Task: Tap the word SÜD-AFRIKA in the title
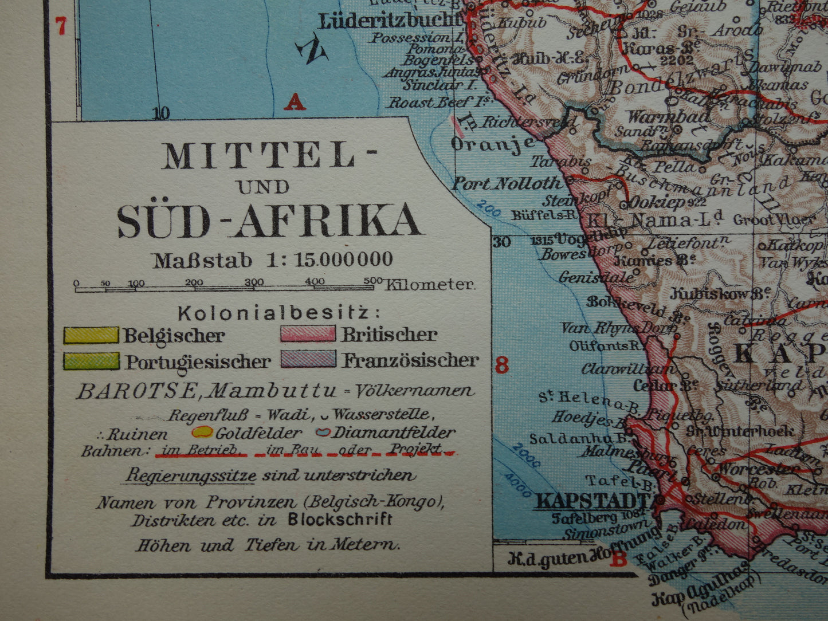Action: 269,221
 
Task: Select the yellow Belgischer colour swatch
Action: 91,335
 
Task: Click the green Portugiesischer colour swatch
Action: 91,361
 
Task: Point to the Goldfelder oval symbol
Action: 202,432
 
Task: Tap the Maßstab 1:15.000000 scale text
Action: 273,260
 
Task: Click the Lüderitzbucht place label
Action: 390,21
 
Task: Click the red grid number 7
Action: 61,26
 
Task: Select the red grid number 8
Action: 502,365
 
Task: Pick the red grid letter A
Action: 295,103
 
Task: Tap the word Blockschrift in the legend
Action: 340,520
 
